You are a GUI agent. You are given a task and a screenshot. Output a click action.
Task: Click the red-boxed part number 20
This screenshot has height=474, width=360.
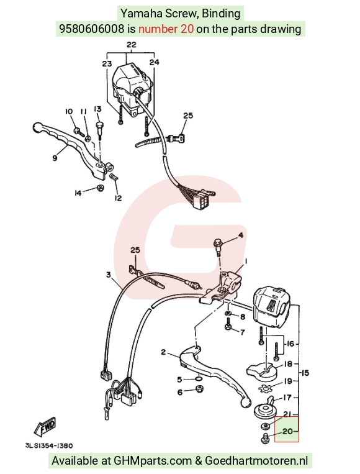[x=287, y=431]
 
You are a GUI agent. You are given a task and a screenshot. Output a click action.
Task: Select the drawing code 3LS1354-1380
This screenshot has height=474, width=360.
[x=49, y=445]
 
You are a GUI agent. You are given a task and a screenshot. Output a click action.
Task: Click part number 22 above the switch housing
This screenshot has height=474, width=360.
[x=131, y=45]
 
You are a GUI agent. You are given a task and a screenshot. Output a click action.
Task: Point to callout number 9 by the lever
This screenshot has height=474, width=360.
[x=55, y=158]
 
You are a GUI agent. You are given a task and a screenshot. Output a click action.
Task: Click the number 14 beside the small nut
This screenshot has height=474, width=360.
[x=78, y=193]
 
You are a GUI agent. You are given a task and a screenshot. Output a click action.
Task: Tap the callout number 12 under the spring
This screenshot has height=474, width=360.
[x=118, y=198]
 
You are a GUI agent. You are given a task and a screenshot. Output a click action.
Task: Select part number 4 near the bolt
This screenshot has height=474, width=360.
[x=241, y=235]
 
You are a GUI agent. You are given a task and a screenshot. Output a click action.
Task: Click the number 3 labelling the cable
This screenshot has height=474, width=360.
[x=109, y=275]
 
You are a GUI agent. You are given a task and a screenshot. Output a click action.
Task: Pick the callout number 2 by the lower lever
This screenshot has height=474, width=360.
[x=163, y=352]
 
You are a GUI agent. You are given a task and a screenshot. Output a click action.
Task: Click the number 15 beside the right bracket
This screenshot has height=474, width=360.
[x=305, y=373]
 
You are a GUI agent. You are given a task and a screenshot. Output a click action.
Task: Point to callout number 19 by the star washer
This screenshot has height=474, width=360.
[x=288, y=381]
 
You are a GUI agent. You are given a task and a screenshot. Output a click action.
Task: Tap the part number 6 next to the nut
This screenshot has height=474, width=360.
[x=180, y=392]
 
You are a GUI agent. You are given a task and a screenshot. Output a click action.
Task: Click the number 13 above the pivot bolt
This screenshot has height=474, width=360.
[x=97, y=109]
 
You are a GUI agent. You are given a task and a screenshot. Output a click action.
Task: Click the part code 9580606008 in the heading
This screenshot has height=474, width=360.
[x=91, y=29]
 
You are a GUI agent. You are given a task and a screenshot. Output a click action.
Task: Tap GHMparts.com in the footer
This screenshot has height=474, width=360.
[x=153, y=461]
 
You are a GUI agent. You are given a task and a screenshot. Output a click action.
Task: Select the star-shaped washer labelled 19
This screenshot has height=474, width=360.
[x=266, y=388]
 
